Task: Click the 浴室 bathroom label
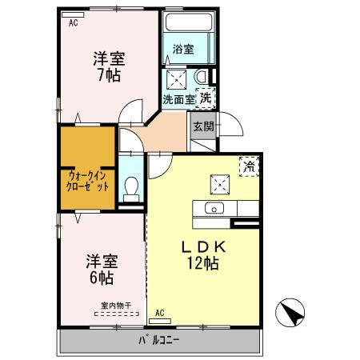[183, 49]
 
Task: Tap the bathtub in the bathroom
[189, 22]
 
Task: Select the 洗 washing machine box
[206, 98]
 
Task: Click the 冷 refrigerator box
[249, 166]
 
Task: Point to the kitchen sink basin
[214, 208]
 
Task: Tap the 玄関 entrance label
[203, 126]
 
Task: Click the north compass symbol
[290, 313]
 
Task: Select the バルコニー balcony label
[159, 340]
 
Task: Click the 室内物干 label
[116, 306]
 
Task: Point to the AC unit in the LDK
[160, 321]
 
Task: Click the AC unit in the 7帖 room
[73, 14]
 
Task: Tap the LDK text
[204, 247]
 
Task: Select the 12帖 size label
[203, 263]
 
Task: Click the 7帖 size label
[109, 75]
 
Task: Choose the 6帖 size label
[102, 278]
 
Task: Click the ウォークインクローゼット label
[87, 182]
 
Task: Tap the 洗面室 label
[178, 99]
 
